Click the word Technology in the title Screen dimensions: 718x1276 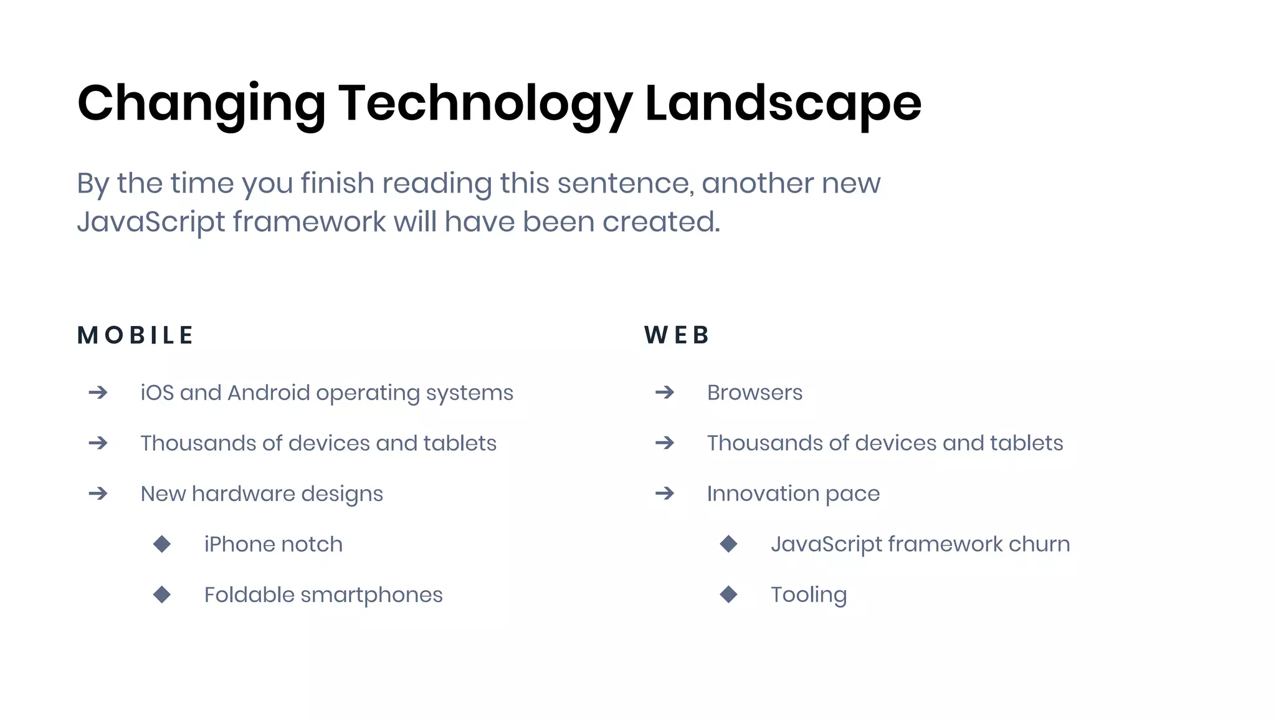485,103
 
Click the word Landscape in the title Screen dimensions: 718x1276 783,103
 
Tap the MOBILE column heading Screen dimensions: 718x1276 135,335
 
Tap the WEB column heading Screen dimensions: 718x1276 677,335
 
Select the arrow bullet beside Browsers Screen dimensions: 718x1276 665,393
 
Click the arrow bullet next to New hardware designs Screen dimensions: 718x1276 98,494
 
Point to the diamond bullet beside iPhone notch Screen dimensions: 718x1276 162,544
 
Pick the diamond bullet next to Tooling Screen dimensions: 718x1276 728,595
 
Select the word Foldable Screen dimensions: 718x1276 249,595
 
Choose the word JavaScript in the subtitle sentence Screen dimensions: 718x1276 151,223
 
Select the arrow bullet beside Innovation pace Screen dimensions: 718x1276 665,494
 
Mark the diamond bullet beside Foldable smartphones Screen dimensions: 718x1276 162,595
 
